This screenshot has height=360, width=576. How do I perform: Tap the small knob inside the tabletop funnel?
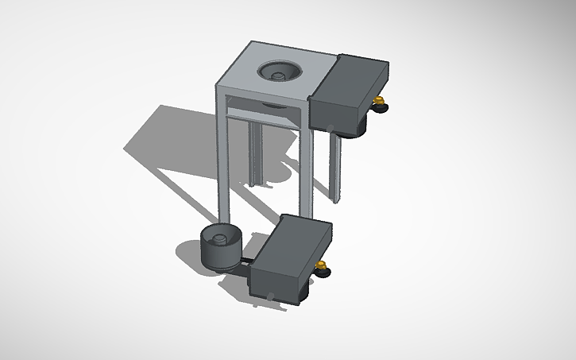[x=279, y=75]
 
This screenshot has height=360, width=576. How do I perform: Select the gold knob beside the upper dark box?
[x=379, y=100]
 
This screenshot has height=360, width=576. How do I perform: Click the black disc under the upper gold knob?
[x=380, y=107]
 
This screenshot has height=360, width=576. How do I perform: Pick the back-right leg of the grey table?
[x=337, y=167]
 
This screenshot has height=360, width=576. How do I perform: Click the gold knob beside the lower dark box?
[x=322, y=265]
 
